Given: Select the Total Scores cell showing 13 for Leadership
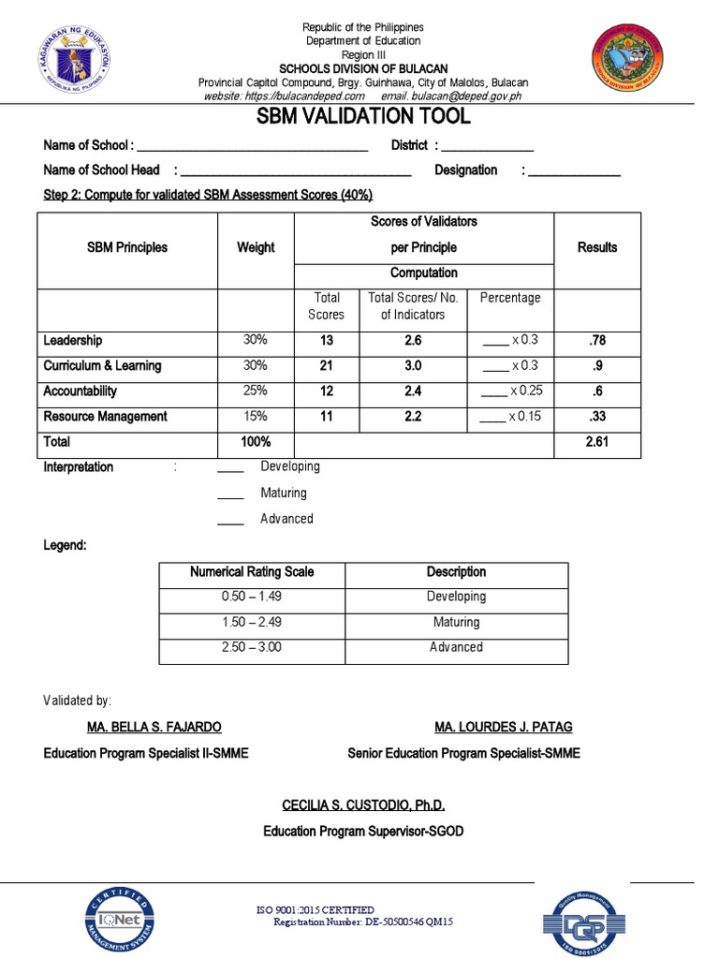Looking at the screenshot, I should [327, 341].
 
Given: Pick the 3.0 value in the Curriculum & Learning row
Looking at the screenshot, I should [413, 365].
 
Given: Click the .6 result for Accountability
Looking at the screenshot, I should [597, 391].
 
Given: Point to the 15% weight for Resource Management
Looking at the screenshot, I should [256, 417].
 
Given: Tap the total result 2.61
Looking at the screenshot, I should [597, 442].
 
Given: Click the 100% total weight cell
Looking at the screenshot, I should [256, 442].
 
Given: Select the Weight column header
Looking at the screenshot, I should [256, 247].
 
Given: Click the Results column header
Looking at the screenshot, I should [597, 247].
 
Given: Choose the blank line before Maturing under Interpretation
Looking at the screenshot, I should [230, 494].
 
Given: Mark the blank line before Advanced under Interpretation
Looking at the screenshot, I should [230, 521].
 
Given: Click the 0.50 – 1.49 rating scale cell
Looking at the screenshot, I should [252, 597].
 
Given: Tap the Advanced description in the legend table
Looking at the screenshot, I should [456, 647].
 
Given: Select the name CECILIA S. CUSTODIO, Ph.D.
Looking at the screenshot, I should [363, 805].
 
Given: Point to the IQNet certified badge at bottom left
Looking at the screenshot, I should [123, 918].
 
